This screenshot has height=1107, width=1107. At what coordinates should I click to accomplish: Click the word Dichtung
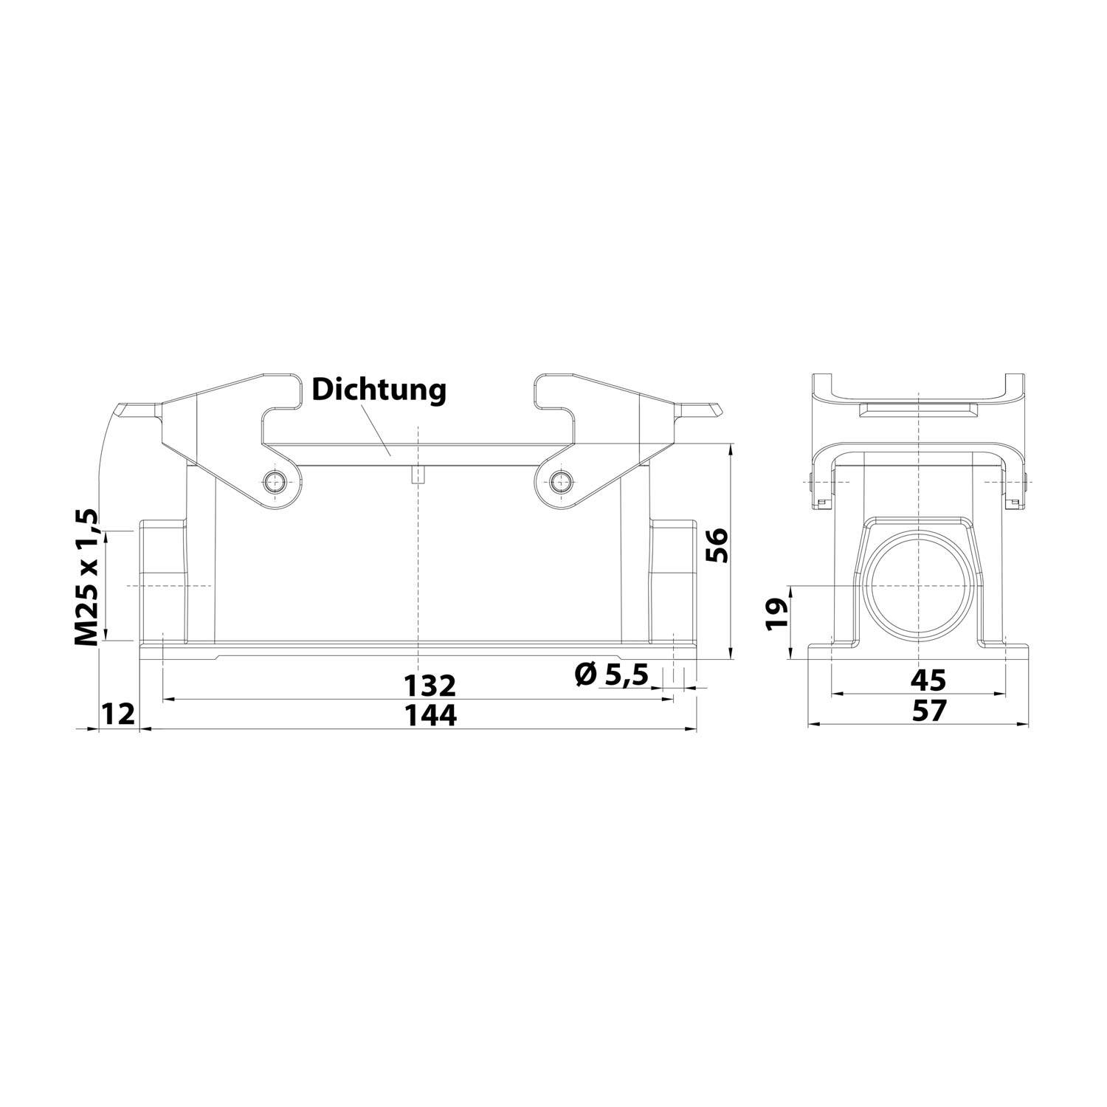tap(379, 390)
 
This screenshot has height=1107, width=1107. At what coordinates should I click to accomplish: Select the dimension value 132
tap(430, 686)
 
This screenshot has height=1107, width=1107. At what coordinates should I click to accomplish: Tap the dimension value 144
tap(430, 714)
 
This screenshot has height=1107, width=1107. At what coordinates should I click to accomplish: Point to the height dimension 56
tap(716, 545)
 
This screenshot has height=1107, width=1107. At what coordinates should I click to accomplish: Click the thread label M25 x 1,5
tap(86, 576)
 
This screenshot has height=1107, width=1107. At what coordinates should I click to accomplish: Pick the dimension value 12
tap(118, 714)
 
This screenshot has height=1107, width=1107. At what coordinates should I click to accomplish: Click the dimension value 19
tap(776, 614)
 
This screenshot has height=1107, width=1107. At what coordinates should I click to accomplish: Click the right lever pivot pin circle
tap(561, 483)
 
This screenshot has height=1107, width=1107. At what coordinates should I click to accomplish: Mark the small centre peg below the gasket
tap(418, 475)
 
